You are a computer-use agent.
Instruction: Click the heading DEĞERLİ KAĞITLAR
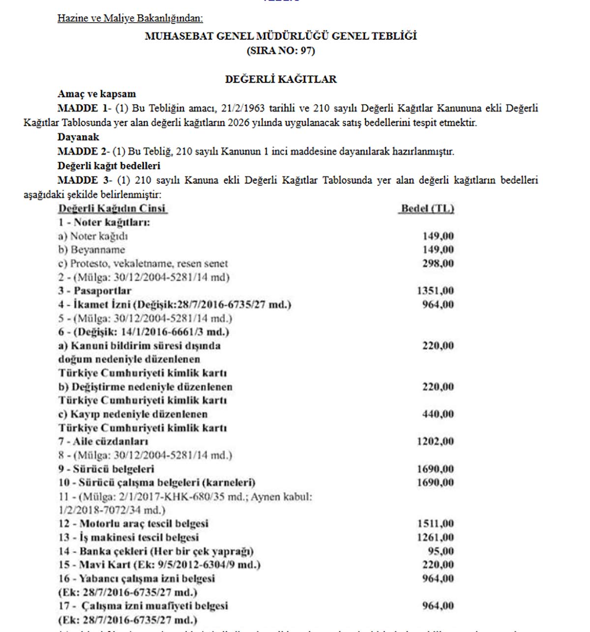(281, 79)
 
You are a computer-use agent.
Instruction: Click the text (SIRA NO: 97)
(281, 51)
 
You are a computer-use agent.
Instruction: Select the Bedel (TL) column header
(427, 208)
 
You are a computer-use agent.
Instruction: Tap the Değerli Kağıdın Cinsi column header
(113, 208)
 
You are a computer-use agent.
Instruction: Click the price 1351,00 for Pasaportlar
(435, 290)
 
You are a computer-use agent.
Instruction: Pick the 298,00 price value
(438, 263)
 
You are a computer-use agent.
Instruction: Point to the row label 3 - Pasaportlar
(95, 290)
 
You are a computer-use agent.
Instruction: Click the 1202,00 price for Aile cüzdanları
(435, 441)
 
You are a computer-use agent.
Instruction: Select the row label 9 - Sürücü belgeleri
(106, 469)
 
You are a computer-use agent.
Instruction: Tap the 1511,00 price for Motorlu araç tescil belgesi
(435, 523)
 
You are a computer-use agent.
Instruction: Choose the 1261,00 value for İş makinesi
(435, 537)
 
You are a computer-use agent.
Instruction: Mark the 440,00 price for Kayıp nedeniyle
(438, 414)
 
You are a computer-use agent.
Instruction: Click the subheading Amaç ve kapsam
(96, 94)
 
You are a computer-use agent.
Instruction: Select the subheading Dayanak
(78, 137)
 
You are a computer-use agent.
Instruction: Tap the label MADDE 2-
(84, 151)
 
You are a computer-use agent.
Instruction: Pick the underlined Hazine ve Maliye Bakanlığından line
(130, 19)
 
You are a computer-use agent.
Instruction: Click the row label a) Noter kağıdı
(93, 236)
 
